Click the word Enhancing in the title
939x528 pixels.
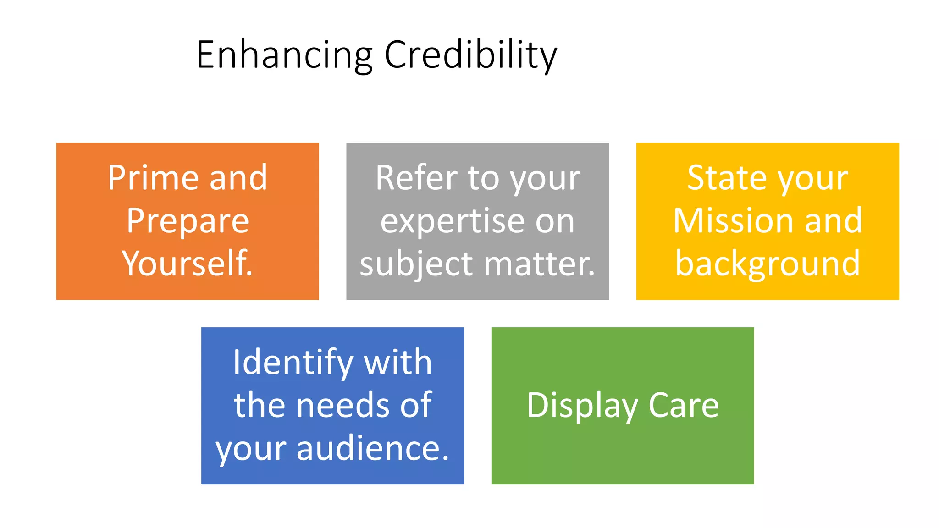[x=284, y=55]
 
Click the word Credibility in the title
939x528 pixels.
[x=470, y=55]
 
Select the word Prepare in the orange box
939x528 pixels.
[x=188, y=221]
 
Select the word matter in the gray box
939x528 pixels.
[x=539, y=264]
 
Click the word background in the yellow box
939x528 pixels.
[x=768, y=264]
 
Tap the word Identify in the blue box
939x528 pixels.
[x=293, y=363]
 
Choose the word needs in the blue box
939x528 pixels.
[x=344, y=405]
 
